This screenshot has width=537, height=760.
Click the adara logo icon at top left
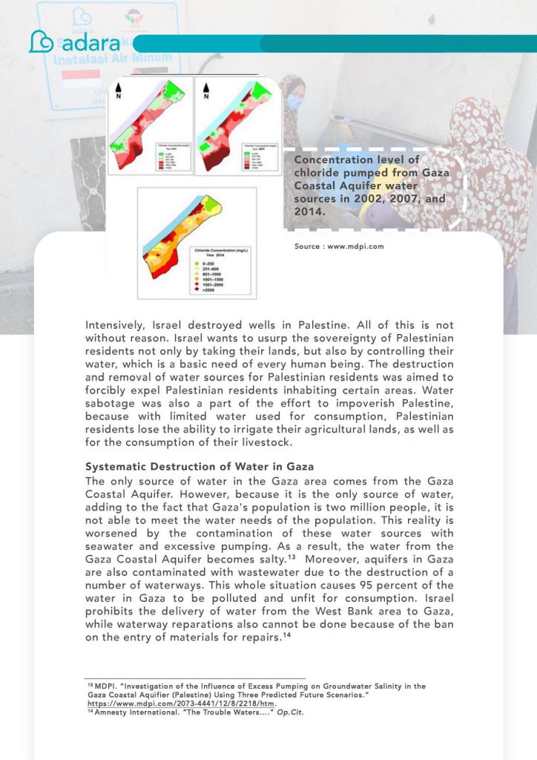click(x=40, y=42)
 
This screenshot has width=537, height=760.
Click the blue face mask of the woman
click(x=294, y=101)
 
